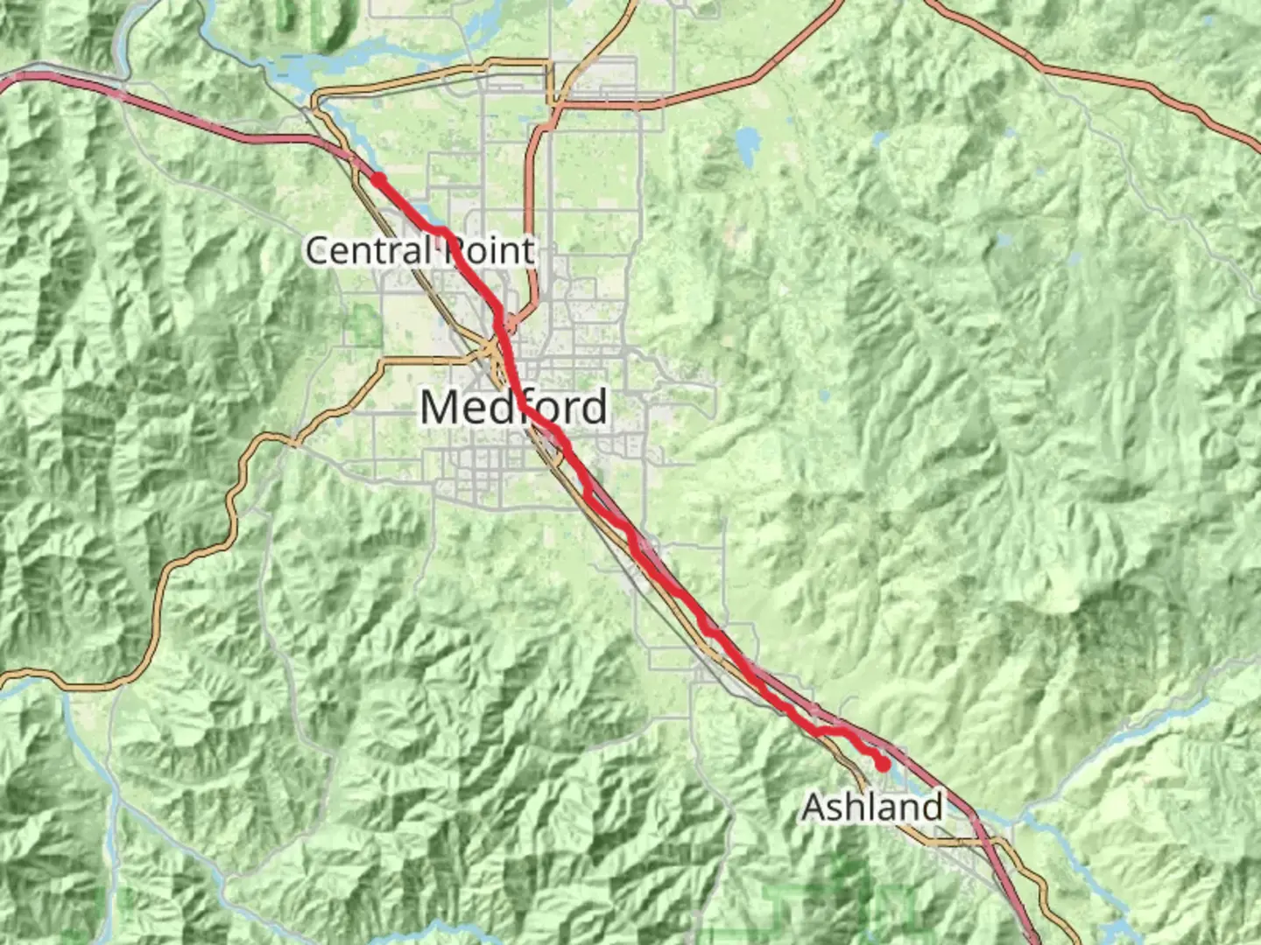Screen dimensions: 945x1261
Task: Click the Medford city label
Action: tap(514, 408)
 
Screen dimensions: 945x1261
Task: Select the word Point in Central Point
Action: tap(489, 251)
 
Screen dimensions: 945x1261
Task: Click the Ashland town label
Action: tap(872, 807)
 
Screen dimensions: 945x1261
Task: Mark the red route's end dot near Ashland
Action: tap(884, 765)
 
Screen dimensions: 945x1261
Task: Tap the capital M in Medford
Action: tap(440, 408)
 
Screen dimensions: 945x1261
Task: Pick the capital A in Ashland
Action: tap(814, 807)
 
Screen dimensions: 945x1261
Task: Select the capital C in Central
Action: tap(318, 251)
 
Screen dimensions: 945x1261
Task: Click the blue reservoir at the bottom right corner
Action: tap(1114, 929)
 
